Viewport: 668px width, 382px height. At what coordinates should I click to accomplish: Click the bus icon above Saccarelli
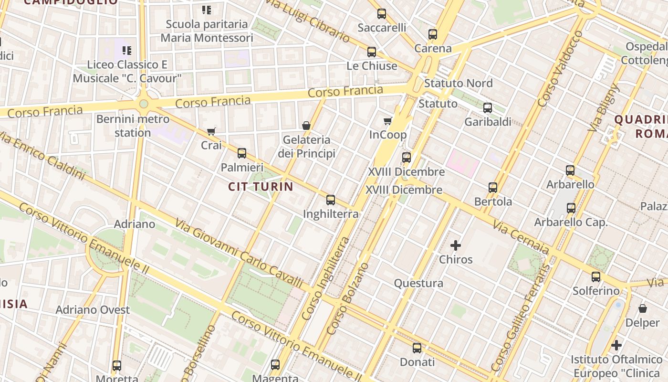(381, 13)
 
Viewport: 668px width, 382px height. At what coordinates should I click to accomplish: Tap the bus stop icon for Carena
(433, 34)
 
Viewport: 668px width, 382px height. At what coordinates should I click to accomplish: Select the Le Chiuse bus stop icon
(372, 52)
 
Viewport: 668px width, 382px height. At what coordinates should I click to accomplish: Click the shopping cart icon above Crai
(211, 131)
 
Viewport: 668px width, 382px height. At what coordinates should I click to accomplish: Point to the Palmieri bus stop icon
(242, 153)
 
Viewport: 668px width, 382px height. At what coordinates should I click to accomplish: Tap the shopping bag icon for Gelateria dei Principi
(306, 126)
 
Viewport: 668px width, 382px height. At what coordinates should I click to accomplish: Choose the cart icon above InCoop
(388, 121)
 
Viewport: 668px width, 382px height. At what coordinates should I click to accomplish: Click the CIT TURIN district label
(261, 186)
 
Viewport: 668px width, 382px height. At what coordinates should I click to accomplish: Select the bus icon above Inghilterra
(331, 200)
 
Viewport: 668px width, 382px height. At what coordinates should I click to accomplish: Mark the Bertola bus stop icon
(493, 187)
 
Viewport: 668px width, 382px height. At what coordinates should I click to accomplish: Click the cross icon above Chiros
(456, 245)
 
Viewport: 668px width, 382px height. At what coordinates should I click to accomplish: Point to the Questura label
(418, 283)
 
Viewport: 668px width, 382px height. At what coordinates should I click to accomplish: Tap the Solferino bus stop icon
(596, 276)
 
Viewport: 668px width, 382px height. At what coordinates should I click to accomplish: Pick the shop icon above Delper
(643, 308)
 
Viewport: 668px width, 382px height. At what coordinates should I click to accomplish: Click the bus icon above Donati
(417, 348)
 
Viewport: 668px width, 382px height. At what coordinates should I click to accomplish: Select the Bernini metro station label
(133, 126)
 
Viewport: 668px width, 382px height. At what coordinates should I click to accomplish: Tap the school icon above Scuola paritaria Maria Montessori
(207, 10)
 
